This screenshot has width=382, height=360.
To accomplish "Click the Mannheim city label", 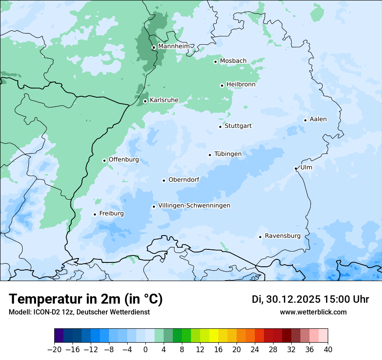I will pyautogui.click(x=174, y=46).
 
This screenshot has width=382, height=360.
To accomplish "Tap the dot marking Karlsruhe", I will pyautogui.click(x=145, y=101).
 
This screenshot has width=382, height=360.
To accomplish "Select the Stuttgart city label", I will pyautogui.click(x=238, y=126).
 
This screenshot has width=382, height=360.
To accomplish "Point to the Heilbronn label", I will pyautogui.click(x=241, y=84).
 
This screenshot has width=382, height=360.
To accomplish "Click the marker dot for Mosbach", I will pyautogui.click(x=215, y=62).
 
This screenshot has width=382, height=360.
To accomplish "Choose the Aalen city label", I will pyautogui.click(x=318, y=119).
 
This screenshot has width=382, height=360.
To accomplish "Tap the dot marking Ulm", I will pyautogui.click(x=296, y=168).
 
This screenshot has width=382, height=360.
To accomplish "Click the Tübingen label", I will pyautogui.click(x=228, y=154).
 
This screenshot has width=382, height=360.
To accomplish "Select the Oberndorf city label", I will pyautogui.click(x=184, y=180).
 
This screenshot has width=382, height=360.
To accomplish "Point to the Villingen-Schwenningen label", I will pyautogui.click(x=194, y=205).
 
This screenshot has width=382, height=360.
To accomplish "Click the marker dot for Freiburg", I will pyautogui.click(x=95, y=214).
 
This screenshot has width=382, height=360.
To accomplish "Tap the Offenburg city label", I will pyautogui.click(x=124, y=160).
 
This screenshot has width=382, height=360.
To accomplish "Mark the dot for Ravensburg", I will pyautogui.click(x=260, y=237).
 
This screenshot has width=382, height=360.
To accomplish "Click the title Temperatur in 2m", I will pyautogui.click(x=86, y=299).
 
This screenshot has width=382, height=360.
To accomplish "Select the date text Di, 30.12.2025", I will pyautogui.click(x=286, y=299).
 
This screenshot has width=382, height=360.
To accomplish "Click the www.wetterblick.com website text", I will pyautogui.click(x=313, y=312).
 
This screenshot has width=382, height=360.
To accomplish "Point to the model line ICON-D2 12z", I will pyautogui.click(x=79, y=312).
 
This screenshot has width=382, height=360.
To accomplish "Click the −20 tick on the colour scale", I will pyautogui.click(x=54, y=350).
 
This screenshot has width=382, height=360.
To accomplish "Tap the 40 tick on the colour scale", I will pyautogui.click(x=328, y=350).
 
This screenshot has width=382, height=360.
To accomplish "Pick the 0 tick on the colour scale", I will pyautogui.click(x=145, y=350).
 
